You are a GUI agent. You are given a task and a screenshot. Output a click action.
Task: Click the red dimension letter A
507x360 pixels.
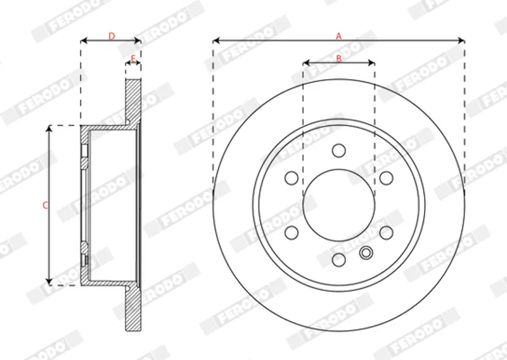pyautogui.click(x=338, y=36)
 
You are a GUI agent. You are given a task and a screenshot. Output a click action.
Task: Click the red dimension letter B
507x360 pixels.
pyautogui.click(x=339, y=58)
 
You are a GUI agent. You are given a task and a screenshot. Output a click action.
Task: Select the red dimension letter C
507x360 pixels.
pyautogui.click(x=46, y=205)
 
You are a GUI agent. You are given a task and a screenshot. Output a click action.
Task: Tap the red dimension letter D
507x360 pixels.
pyautogui.click(x=112, y=36)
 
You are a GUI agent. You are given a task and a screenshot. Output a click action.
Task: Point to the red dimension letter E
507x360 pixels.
pyautogui.click(x=133, y=58)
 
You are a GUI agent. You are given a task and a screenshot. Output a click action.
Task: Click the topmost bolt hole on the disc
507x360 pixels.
pyautogui.click(x=339, y=151)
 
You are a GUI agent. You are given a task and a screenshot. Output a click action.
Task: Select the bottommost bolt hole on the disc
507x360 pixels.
pyautogui.click(x=339, y=260)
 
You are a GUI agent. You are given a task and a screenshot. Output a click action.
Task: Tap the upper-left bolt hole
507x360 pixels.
pyautogui.click(x=292, y=178)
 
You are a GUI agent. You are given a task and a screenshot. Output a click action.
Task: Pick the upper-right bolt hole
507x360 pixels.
pyautogui.click(x=386, y=178)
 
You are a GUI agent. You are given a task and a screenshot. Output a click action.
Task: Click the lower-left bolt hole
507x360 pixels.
pyautogui.click(x=292, y=233)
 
